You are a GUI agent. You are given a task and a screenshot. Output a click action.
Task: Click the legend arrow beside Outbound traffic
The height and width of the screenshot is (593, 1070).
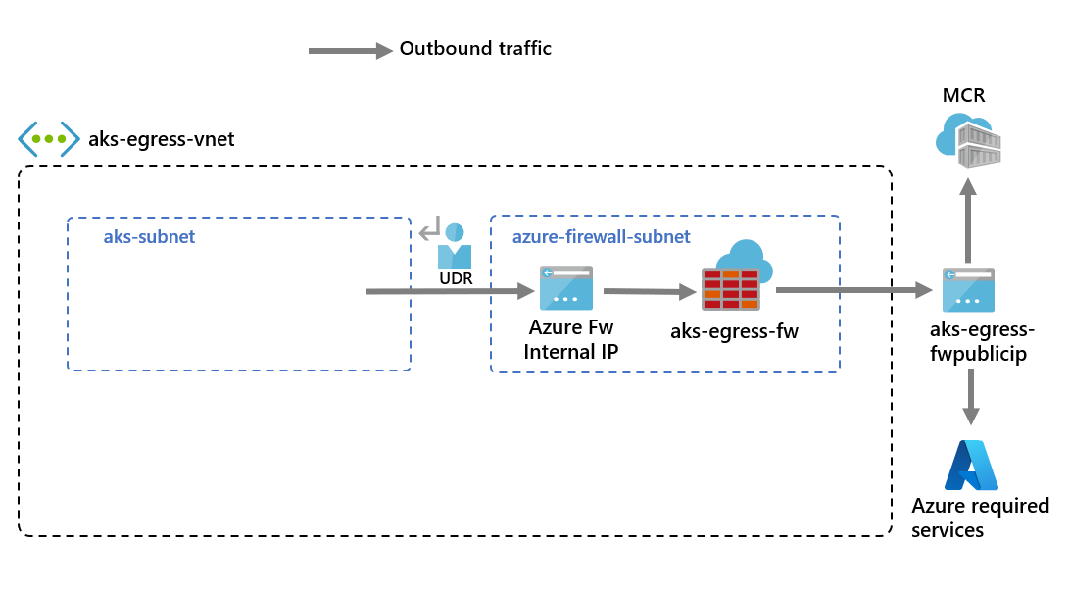coord(349,50)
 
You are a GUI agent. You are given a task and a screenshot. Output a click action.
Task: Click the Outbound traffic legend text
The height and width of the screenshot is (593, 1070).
coord(475,48)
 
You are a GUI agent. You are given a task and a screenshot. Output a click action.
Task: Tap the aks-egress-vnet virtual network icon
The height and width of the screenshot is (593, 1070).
coord(48,139)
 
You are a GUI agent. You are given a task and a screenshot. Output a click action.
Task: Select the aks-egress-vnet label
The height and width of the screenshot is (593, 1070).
coord(162,139)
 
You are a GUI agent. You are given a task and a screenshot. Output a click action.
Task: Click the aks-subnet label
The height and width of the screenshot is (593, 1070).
coord(149,237)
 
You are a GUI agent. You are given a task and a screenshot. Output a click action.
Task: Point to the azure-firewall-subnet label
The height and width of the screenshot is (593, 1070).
coord(602,237)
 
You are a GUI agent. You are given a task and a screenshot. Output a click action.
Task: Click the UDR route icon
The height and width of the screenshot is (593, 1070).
coord(446,246)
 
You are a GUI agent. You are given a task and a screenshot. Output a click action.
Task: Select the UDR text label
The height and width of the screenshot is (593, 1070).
coord(456,279)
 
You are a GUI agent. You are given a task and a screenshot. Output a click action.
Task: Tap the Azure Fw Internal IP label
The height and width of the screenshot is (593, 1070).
coord(571,339)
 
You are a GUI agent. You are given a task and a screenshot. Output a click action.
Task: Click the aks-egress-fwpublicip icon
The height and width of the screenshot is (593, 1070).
coord(968,290)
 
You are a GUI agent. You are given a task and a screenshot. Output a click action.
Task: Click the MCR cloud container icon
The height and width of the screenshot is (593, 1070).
coord(968,137)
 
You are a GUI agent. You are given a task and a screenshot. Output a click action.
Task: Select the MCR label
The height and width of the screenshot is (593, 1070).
coord(963,95)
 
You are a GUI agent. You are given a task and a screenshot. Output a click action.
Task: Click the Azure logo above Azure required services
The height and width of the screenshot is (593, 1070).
coord(970,465)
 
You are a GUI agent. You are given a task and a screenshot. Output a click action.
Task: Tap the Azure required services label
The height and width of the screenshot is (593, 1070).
coord(980,518)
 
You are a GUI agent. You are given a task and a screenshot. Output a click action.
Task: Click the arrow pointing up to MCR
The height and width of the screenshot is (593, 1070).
coord(968,221)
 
